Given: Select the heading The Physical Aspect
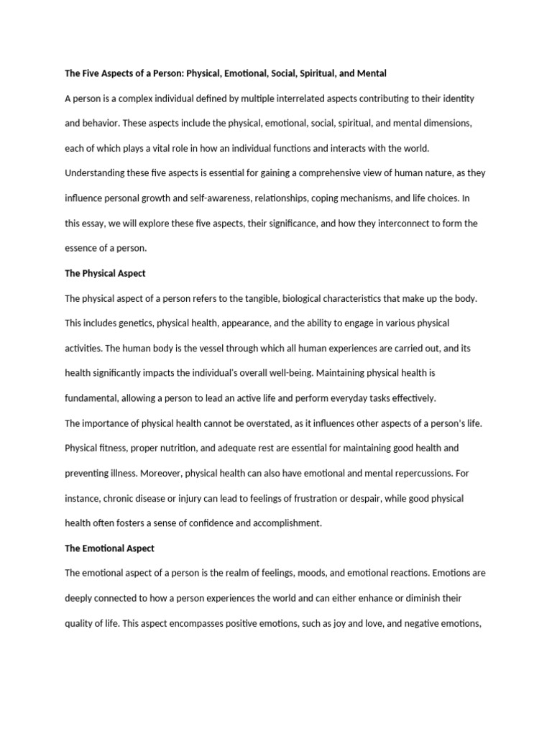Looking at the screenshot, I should pyautogui.click(x=105, y=273).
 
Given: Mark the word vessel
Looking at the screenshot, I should pyautogui.click(x=216, y=348).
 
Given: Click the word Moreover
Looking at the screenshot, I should pyautogui.click(x=162, y=473).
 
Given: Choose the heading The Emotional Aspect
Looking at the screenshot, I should pyautogui.click(x=109, y=548).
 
